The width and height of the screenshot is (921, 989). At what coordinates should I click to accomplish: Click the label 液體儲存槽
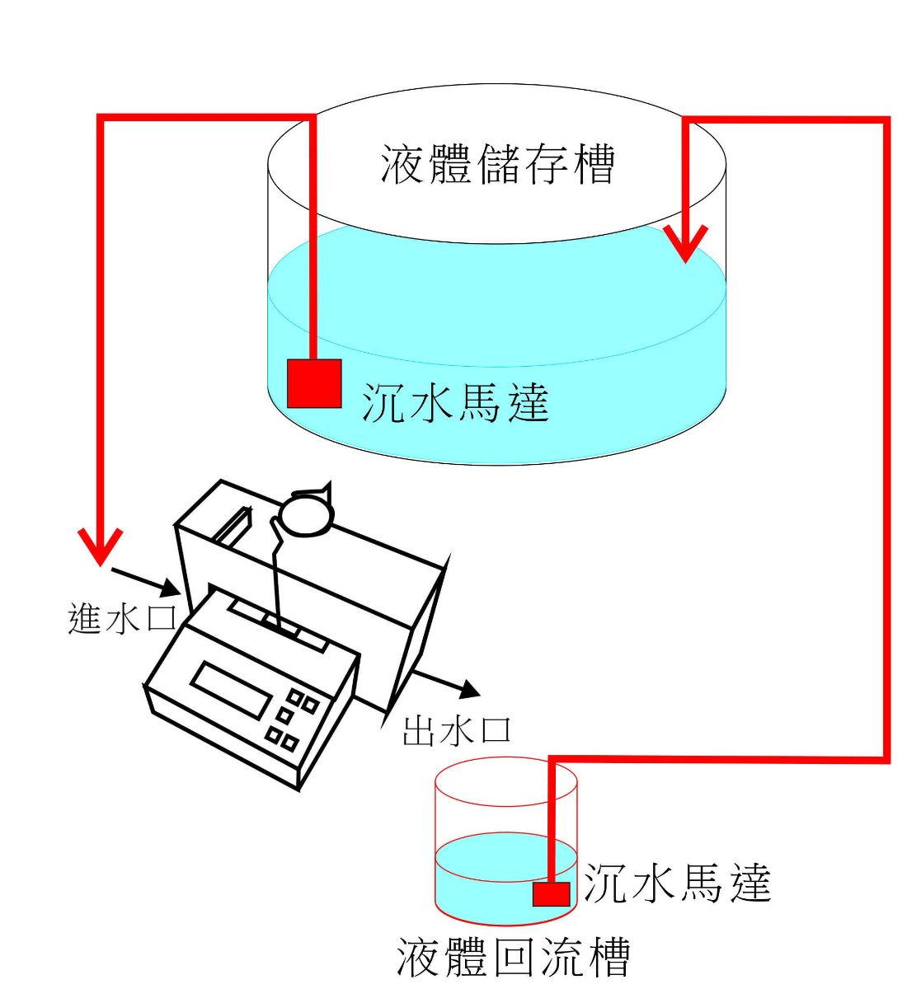point(497,164)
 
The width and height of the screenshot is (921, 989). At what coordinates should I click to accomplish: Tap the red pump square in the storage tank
point(314,383)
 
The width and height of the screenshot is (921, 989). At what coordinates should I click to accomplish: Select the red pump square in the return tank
point(551,893)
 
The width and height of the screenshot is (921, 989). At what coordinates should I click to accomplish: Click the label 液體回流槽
point(513,957)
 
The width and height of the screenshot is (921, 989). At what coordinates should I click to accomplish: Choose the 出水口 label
point(457,730)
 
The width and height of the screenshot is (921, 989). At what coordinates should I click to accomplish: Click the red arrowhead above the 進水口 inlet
point(100,547)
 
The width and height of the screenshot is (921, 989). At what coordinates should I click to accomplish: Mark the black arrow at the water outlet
point(446,681)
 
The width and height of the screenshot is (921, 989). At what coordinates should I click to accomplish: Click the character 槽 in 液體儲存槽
point(591,164)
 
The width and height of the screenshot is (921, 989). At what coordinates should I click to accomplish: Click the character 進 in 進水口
point(85,618)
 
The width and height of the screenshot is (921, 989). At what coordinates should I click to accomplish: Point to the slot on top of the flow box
point(233,526)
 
